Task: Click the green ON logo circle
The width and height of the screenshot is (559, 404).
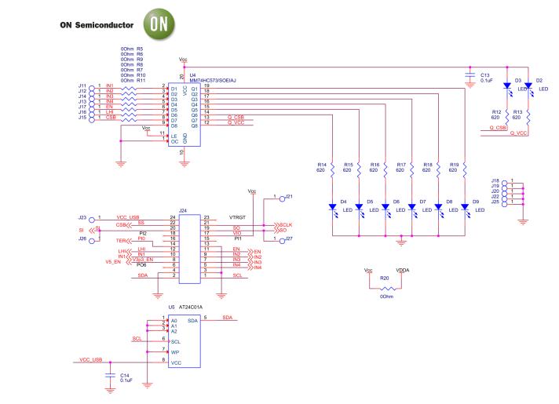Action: pyautogui.click(x=155, y=24)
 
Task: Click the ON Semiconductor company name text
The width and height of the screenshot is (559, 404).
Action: pyautogui.click(x=98, y=25)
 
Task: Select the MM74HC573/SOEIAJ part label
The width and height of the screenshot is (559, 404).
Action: pyautogui.click(x=216, y=80)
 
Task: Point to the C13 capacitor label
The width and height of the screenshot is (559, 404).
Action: pyautogui.click(x=484, y=73)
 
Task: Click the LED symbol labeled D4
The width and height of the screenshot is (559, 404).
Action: pyautogui.click(x=332, y=206)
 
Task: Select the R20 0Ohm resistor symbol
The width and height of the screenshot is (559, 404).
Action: pyautogui.click(x=385, y=287)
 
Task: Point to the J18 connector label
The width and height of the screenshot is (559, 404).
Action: pyautogui.click(x=495, y=180)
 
